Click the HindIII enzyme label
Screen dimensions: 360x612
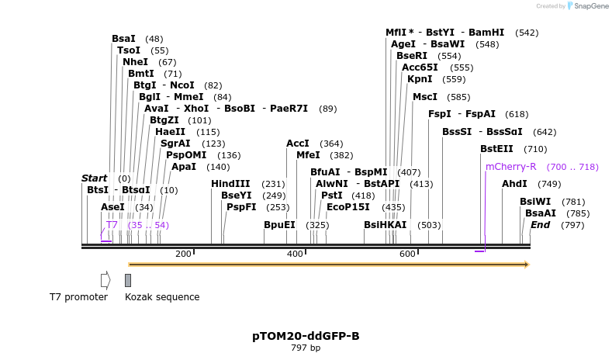pos(230,184)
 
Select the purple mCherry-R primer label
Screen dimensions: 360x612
pos(510,167)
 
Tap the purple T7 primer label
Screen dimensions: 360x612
pos(112,225)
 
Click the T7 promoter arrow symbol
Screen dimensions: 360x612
pos(105,279)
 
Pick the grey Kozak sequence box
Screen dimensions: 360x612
pos(128,279)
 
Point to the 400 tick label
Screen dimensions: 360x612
pos(295,254)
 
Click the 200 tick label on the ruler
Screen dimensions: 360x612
pos(183,254)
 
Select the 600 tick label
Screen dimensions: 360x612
pos(407,254)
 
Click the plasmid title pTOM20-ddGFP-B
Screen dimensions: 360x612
pos(306,337)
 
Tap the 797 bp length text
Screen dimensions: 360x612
pos(306,348)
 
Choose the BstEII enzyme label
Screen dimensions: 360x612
pos(496,149)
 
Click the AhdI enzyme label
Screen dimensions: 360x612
pos(514,184)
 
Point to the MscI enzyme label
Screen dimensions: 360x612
pos(425,97)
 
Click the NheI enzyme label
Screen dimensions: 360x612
pos(135,62)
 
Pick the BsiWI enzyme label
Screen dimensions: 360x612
pos(535,202)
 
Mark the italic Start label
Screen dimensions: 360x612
pos(95,178)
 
